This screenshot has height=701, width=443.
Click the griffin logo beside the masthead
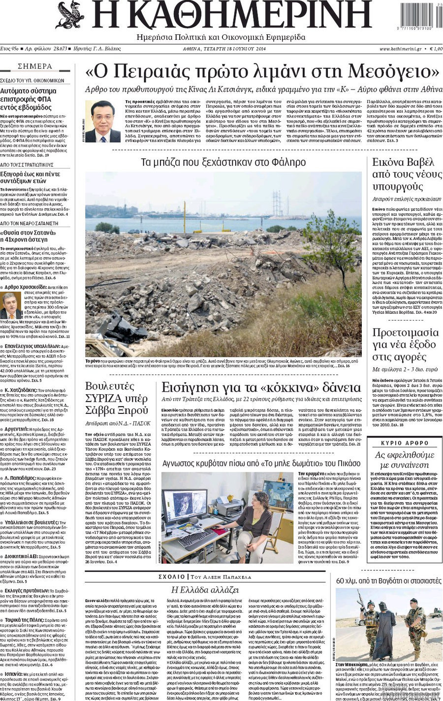click(x=70, y=15)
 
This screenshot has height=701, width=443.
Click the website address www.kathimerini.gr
click(x=400, y=49)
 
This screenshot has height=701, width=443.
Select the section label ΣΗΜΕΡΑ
click(x=35, y=66)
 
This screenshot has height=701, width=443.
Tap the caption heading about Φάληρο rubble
click(x=223, y=162)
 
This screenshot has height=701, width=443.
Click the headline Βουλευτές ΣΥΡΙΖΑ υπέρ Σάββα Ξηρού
click(x=117, y=398)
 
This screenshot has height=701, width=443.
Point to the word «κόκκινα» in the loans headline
click(x=310, y=387)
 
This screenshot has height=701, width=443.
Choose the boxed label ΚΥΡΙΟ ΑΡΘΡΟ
click(x=405, y=443)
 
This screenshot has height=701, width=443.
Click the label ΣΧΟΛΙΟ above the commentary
click(x=172, y=577)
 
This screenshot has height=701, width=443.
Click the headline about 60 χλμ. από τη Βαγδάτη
click(x=388, y=581)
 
